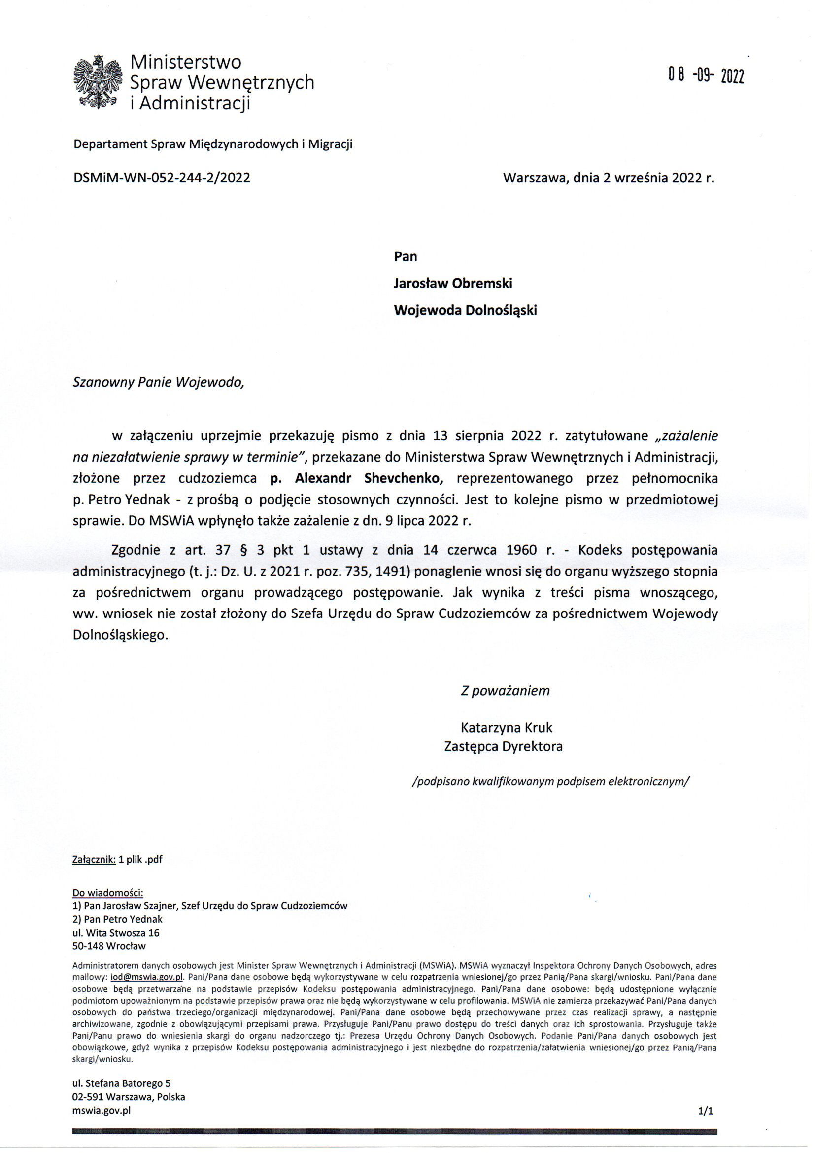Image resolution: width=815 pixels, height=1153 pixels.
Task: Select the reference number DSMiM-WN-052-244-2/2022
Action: (x=162, y=178)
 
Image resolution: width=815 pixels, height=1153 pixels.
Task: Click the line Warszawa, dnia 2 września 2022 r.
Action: (x=608, y=178)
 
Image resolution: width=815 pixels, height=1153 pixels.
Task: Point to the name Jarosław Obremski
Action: (x=453, y=283)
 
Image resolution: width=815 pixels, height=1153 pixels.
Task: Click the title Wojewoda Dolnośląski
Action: (x=465, y=310)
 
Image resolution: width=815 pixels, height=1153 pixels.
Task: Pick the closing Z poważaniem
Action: (x=505, y=691)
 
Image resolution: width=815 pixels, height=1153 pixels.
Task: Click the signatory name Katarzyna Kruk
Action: (x=506, y=728)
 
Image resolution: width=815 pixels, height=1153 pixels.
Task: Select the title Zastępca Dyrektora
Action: (x=503, y=746)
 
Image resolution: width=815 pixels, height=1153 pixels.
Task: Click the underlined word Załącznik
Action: (x=94, y=859)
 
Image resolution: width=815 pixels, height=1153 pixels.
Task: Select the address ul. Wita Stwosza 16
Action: (x=116, y=933)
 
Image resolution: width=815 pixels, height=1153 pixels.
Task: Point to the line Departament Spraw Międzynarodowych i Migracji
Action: (x=213, y=144)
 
